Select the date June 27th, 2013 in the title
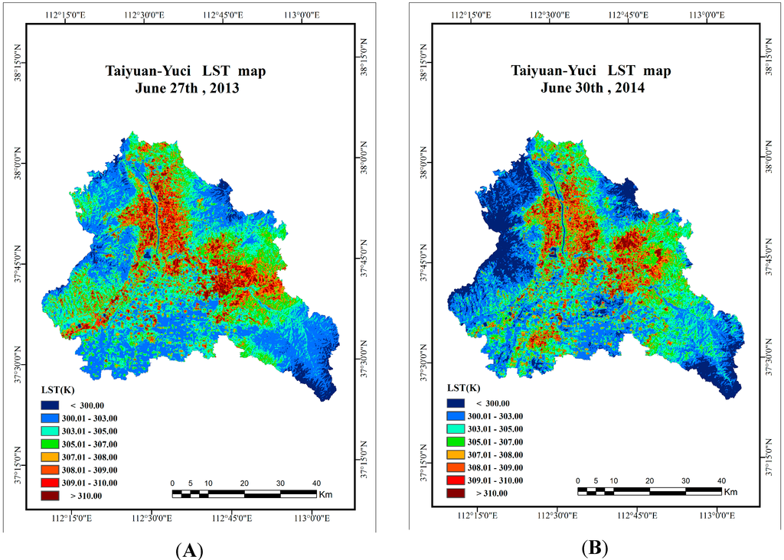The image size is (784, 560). [186, 88]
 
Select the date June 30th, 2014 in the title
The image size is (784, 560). [591, 88]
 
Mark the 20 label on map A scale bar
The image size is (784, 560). [244, 483]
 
